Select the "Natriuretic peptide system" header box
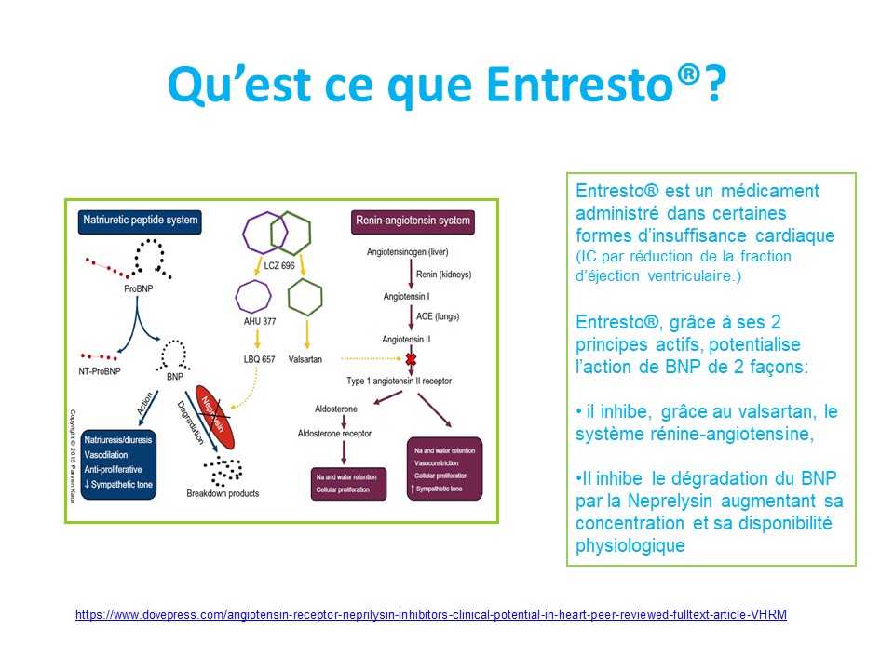tap(139, 221)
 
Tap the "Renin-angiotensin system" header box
tap(412, 221)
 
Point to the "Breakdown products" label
tap(223, 493)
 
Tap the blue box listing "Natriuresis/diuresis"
tap(118, 461)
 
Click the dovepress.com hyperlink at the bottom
tap(431, 615)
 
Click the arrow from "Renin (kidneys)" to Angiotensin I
tap(410, 275)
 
